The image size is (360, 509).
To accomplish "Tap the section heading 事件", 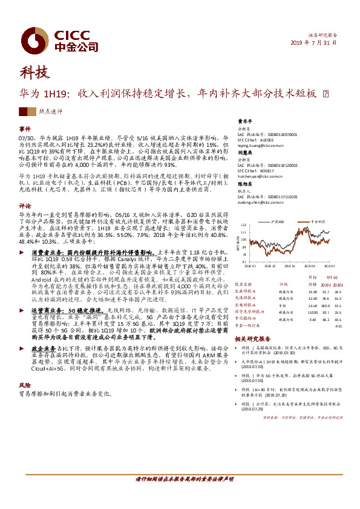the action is (x=25, y=129).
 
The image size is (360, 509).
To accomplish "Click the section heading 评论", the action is (x=25, y=204).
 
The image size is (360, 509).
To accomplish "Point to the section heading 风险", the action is (x=25, y=384).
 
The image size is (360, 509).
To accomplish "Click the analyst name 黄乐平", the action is (x=244, y=120).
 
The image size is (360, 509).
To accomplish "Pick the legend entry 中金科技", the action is (x=319, y=221).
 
